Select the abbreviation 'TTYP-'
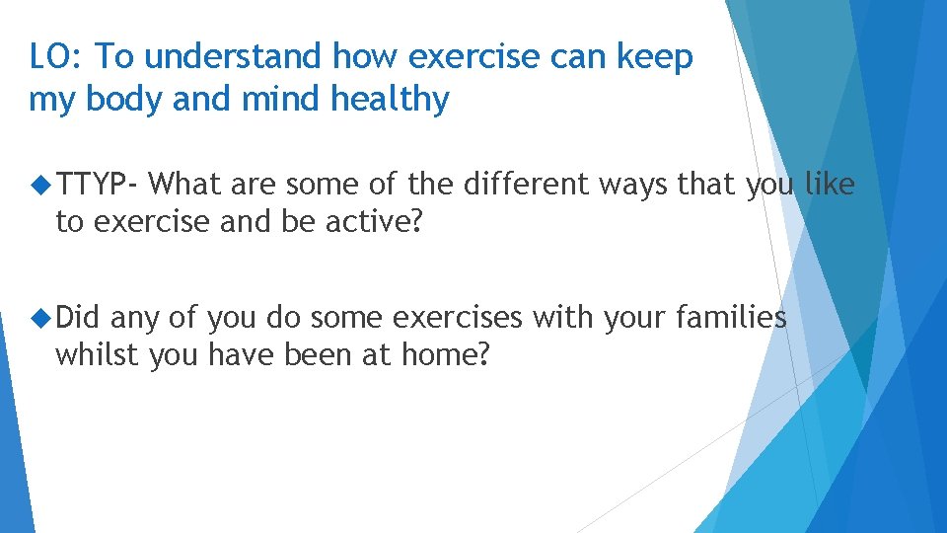[x=101, y=185]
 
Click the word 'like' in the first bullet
[x=830, y=185]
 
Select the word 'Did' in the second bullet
[x=79, y=318]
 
